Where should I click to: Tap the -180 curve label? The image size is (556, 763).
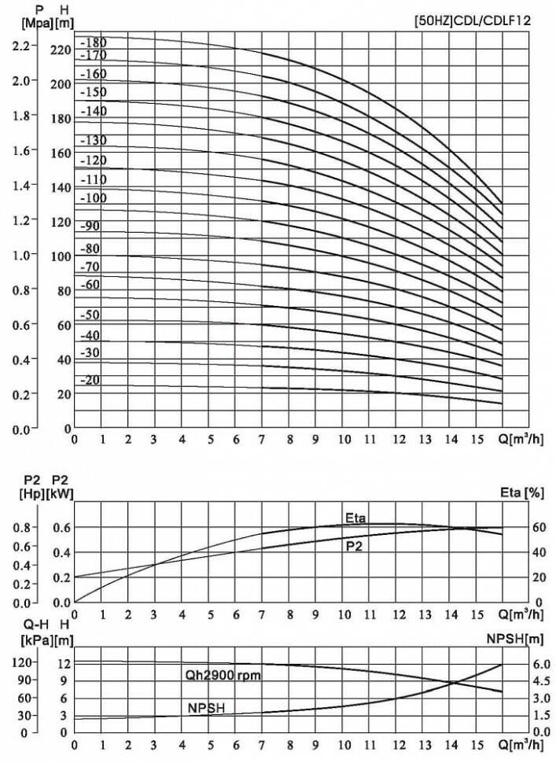coord(94,41)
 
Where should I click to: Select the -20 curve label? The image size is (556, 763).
coord(90,380)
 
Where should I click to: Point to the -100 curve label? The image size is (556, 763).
coord(94,197)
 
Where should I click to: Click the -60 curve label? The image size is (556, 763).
coord(90,284)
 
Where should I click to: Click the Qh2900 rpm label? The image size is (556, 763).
coord(223,676)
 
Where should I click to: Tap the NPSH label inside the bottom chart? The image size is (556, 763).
coord(205,708)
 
